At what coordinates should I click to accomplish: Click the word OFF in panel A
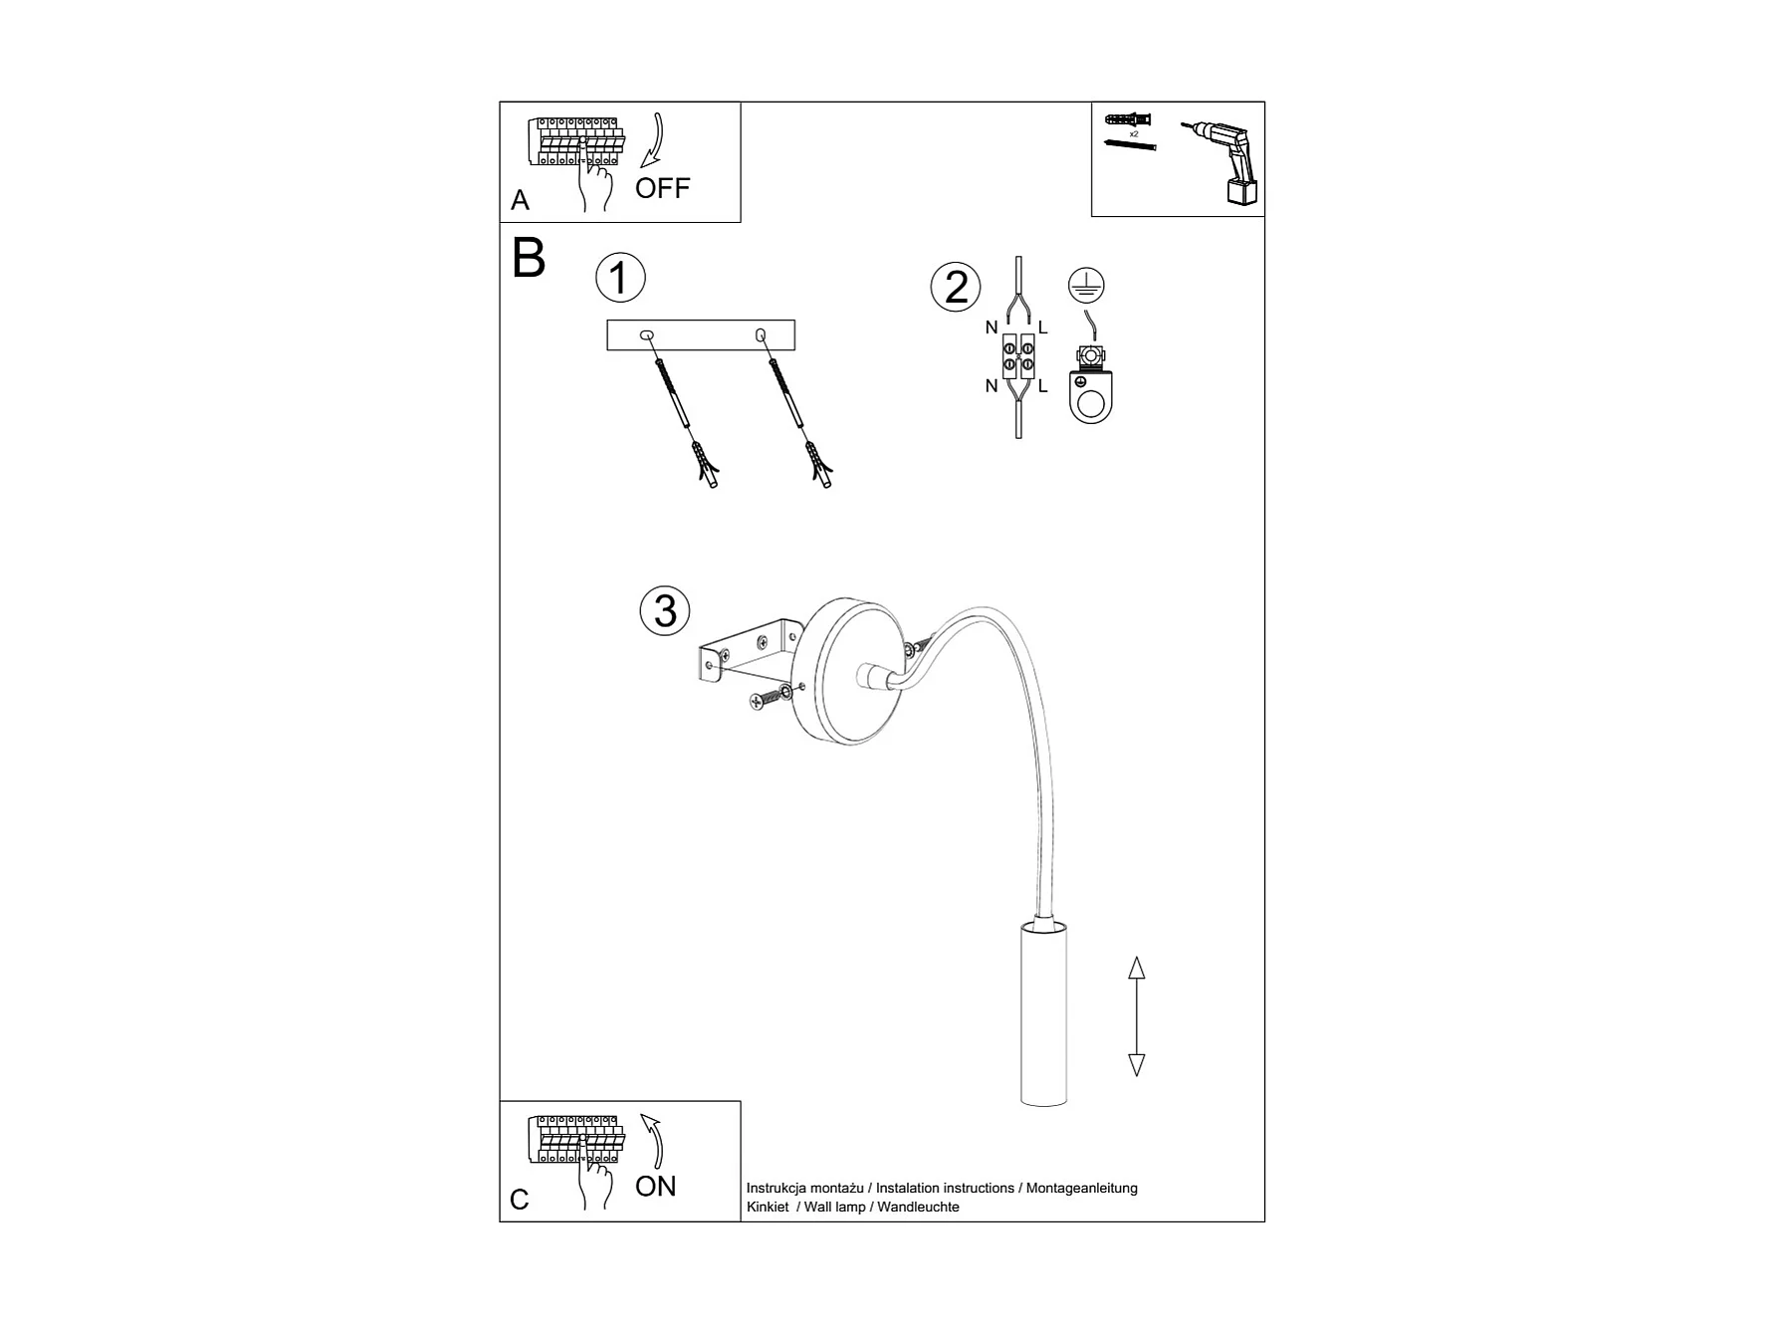(662, 188)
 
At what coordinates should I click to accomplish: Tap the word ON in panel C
(655, 1186)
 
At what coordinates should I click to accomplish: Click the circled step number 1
(620, 278)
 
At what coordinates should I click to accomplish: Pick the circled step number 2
(956, 287)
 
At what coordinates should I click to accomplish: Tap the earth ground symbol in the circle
(1086, 286)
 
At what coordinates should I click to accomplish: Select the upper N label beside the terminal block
(992, 328)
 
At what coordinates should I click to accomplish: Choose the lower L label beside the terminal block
(1042, 386)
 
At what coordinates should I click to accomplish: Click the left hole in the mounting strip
(647, 334)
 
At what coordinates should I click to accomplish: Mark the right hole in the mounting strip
(762, 334)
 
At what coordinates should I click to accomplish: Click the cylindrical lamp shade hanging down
(1044, 1012)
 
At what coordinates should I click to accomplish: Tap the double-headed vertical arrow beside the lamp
(1136, 1015)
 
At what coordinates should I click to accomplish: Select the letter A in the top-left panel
(520, 200)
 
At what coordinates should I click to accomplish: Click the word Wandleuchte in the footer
(918, 1207)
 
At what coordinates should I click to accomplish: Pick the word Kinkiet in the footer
(768, 1207)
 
